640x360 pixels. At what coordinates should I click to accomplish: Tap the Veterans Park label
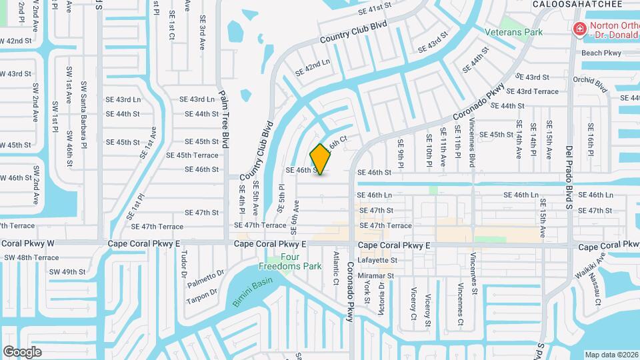coord(513,32)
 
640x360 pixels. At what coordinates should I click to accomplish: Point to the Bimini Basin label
coord(253,293)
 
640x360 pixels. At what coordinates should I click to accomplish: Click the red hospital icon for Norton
coord(580,29)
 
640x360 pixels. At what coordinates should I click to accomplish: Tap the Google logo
coord(22,351)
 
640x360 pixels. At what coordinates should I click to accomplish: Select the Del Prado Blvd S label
coord(569,177)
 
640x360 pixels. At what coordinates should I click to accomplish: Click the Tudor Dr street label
coord(184,265)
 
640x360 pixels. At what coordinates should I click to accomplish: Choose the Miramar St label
coord(376,275)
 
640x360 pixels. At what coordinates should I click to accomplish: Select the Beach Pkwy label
coord(601,53)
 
